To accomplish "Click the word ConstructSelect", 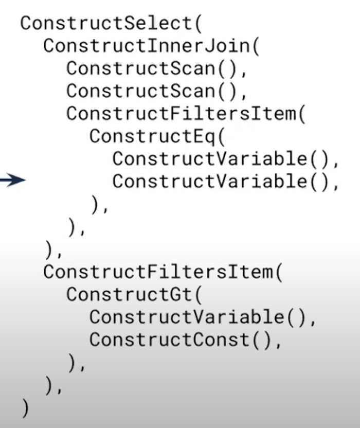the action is pyautogui.click(x=107, y=23).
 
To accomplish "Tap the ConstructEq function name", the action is pyautogui.click(x=152, y=136).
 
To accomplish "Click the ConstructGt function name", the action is pyautogui.click(x=130, y=294).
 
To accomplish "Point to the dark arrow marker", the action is pyautogui.click(x=13, y=180).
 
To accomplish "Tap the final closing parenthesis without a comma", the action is pyautogui.click(x=25, y=408).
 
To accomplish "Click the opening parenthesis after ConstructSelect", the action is pyautogui.click(x=198, y=24).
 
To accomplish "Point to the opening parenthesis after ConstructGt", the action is pyautogui.click(x=198, y=295).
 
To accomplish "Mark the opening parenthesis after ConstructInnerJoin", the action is pyautogui.click(x=256, y=46).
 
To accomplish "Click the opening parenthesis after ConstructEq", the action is pyautogui.click(x=221, y=136).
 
